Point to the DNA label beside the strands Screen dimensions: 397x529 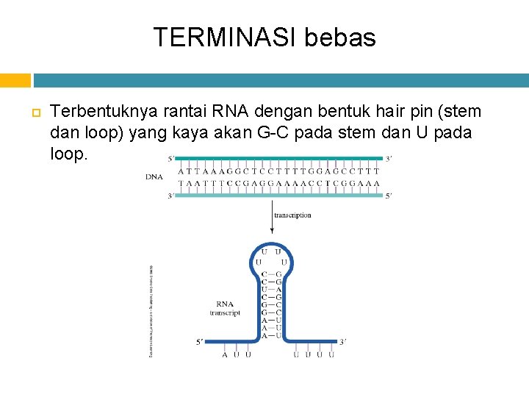(154, 177)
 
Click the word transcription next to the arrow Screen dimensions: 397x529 (292, 215)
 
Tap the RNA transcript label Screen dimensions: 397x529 (225, 308)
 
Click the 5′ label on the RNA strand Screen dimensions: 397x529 (200, 341)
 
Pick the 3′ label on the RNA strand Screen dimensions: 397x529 (342, 341)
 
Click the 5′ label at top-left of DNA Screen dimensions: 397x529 (171, 158)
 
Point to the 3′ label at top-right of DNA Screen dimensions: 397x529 (389, 158)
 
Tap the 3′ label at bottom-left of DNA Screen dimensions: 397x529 (171, 196)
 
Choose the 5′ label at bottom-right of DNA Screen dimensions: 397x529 (389, 196)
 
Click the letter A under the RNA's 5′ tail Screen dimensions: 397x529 (225, 355)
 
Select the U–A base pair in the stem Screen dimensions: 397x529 (271, 290)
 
